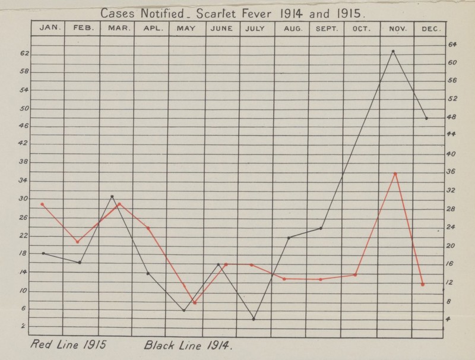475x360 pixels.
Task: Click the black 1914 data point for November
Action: point(393,52)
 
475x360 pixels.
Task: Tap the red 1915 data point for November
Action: point(395,173)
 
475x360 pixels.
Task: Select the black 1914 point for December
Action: point(426,118)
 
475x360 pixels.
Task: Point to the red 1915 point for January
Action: point(42,204)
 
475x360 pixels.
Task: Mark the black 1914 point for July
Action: point(254,319)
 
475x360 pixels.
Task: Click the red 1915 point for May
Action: point(195,302)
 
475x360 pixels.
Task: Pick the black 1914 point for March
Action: point(112,197)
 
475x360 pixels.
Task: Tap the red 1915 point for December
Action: point(423,285)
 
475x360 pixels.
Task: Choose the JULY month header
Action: point(256,28)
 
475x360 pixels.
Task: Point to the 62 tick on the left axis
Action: point(24,54)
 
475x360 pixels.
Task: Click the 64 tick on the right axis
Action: point(452,44)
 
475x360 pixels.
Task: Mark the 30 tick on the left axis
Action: point(24,199)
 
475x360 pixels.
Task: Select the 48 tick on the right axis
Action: point(452,117)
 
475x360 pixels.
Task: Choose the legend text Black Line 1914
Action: point(185,345)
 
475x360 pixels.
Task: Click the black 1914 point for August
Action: point(289,238)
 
